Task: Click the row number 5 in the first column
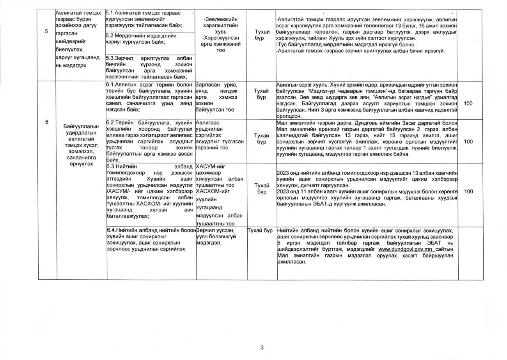tap(47, 32)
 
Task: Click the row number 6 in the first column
tap(47, 122)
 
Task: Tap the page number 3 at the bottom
tap(262, 348)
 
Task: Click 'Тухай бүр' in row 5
tap(262, 35)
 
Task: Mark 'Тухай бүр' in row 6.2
tap(262, 138)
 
